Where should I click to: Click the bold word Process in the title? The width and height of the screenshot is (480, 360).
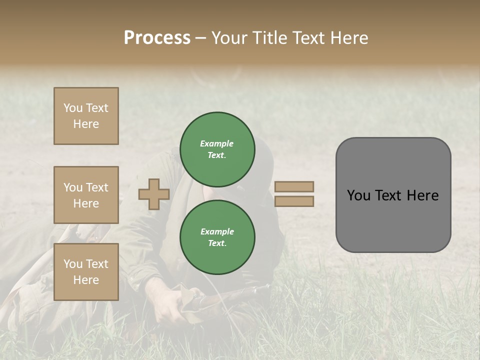157,38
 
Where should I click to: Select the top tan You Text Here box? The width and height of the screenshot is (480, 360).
86,116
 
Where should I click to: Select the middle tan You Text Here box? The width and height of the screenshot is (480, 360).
86,195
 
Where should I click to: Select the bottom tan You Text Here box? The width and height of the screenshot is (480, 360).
86,272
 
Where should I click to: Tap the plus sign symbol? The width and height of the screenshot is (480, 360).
154,194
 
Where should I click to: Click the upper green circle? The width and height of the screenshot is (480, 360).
217,149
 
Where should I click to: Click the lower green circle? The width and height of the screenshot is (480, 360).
217,237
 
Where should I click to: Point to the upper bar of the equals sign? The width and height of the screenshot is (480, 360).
294,186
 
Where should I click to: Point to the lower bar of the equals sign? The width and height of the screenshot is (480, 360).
294,201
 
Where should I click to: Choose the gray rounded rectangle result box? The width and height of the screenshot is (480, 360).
393,220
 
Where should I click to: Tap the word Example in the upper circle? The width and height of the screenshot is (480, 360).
217,143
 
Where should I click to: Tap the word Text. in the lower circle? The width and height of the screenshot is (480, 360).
217,243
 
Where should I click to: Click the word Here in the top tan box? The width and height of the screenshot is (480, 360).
86,124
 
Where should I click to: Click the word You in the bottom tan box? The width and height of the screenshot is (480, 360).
73,264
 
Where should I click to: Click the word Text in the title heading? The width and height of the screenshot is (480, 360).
307,38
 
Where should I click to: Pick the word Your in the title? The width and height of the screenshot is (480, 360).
229,38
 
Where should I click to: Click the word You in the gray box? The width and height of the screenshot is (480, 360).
358,195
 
